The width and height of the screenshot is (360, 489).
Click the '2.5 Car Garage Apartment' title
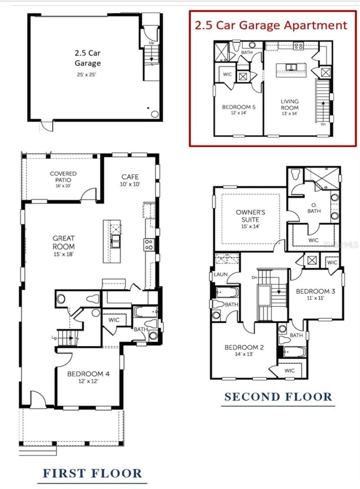[271, 25]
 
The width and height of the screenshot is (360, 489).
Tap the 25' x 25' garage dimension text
[87, 75]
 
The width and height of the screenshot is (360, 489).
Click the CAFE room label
[130, 177]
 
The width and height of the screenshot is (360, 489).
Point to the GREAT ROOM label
[64, 242]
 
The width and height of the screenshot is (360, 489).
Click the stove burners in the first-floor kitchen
[149, 244]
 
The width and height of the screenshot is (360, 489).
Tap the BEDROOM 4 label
[88, 374]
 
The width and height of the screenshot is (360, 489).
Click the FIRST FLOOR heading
[92, 474]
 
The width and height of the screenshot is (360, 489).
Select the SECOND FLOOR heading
[278, 397]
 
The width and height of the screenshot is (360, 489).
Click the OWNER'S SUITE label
[250, 216]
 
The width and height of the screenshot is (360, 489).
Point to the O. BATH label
[314, 208]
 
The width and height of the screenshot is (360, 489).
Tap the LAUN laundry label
[220, 274]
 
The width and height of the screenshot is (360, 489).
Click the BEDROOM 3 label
[315, 291]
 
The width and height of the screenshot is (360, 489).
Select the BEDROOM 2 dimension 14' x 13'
[244, 354]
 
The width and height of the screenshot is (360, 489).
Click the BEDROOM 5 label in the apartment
[238, 107]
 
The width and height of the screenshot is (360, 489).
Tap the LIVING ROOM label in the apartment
[289, 104]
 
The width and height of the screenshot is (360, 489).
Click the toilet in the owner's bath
[295, 174]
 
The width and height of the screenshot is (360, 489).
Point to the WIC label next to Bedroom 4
[114, 320]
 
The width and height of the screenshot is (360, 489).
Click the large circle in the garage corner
[155, 114]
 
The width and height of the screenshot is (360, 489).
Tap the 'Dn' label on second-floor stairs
[254, 277]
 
